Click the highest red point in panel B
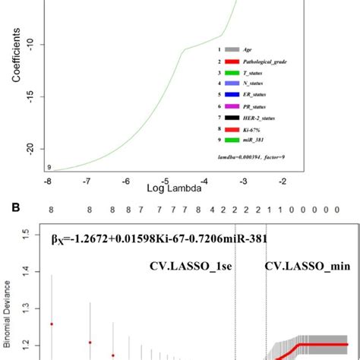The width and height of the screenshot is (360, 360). point(52,324)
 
